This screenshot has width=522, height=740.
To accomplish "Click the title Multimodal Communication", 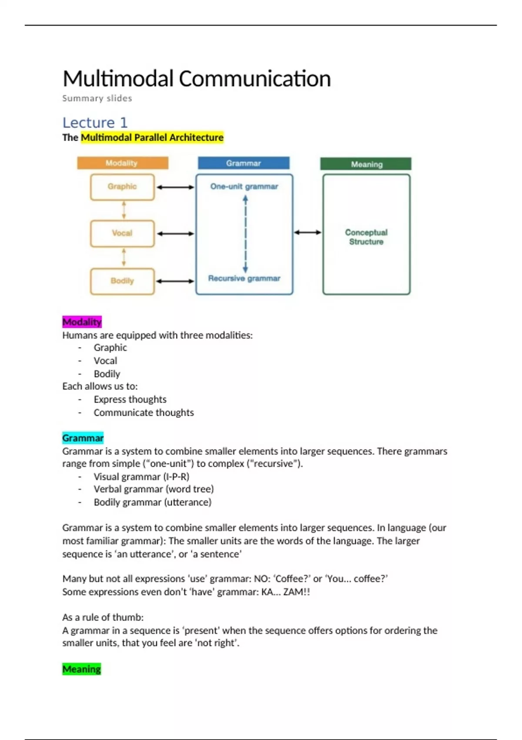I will point(197,79).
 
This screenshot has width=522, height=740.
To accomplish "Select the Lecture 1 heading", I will point(95,123).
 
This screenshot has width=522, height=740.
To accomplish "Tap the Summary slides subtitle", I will point(97,98).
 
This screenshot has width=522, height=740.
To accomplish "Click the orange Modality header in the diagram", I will point(122,163).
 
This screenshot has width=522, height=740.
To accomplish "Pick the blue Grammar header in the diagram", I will point(244,163).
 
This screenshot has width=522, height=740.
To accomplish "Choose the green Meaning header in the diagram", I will point(366,164).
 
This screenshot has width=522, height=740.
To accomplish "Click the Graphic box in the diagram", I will point(122,187).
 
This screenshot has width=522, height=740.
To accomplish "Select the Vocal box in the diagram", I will point(122,233).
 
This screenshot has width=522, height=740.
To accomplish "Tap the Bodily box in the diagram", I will point(122,281).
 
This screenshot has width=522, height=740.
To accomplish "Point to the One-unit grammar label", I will point(244,187).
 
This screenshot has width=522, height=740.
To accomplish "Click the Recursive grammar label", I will point(244,279).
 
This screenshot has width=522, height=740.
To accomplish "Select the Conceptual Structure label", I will point(366,237).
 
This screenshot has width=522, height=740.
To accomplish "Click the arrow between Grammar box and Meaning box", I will point(308,232).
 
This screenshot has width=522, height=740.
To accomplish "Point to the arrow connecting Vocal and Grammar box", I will point(175,234).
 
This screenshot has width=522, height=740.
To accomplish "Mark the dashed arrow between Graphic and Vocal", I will point(124,210).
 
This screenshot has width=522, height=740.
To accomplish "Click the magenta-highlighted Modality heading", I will point(82,322).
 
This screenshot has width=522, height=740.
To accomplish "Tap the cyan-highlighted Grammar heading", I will point(83,438).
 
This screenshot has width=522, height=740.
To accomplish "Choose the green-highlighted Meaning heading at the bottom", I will point(81,669).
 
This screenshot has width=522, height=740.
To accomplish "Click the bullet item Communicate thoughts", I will point(144,413).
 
